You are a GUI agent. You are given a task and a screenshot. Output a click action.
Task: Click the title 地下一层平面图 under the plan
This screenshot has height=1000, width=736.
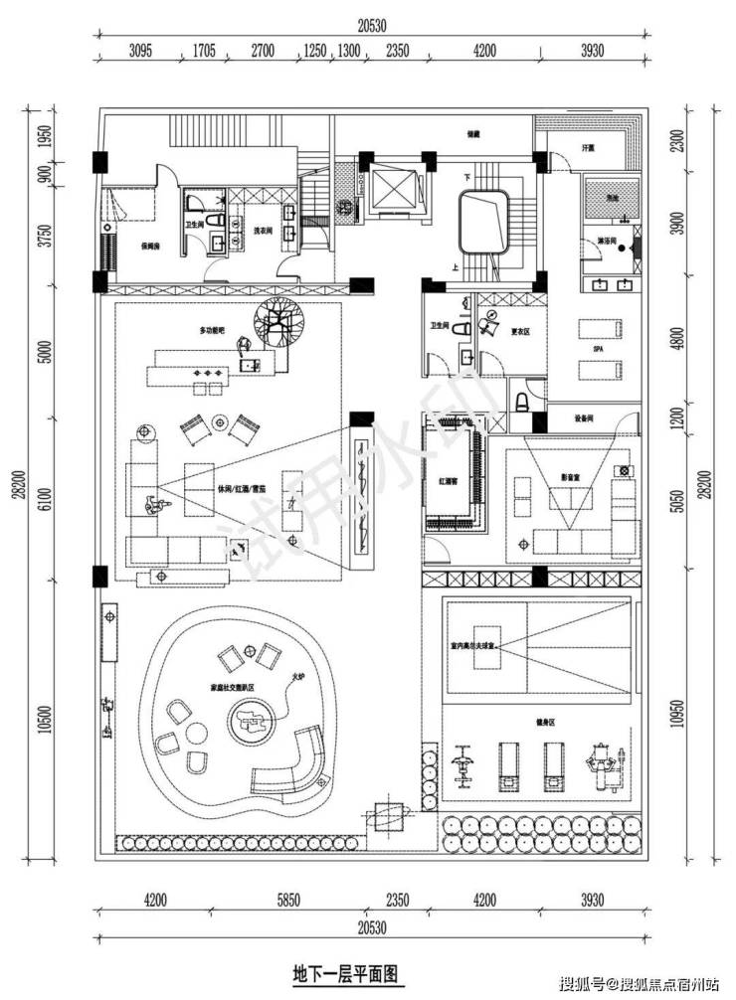point(347,970)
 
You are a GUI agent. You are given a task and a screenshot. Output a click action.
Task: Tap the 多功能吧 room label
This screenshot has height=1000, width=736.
point(214,329)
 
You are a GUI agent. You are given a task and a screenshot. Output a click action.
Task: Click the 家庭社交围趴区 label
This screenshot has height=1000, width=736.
point(232,686)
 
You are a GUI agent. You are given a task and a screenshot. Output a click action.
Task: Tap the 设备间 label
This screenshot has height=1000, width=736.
point(585,417)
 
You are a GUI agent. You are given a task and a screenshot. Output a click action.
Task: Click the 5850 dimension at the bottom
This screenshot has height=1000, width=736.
point(288,903)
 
